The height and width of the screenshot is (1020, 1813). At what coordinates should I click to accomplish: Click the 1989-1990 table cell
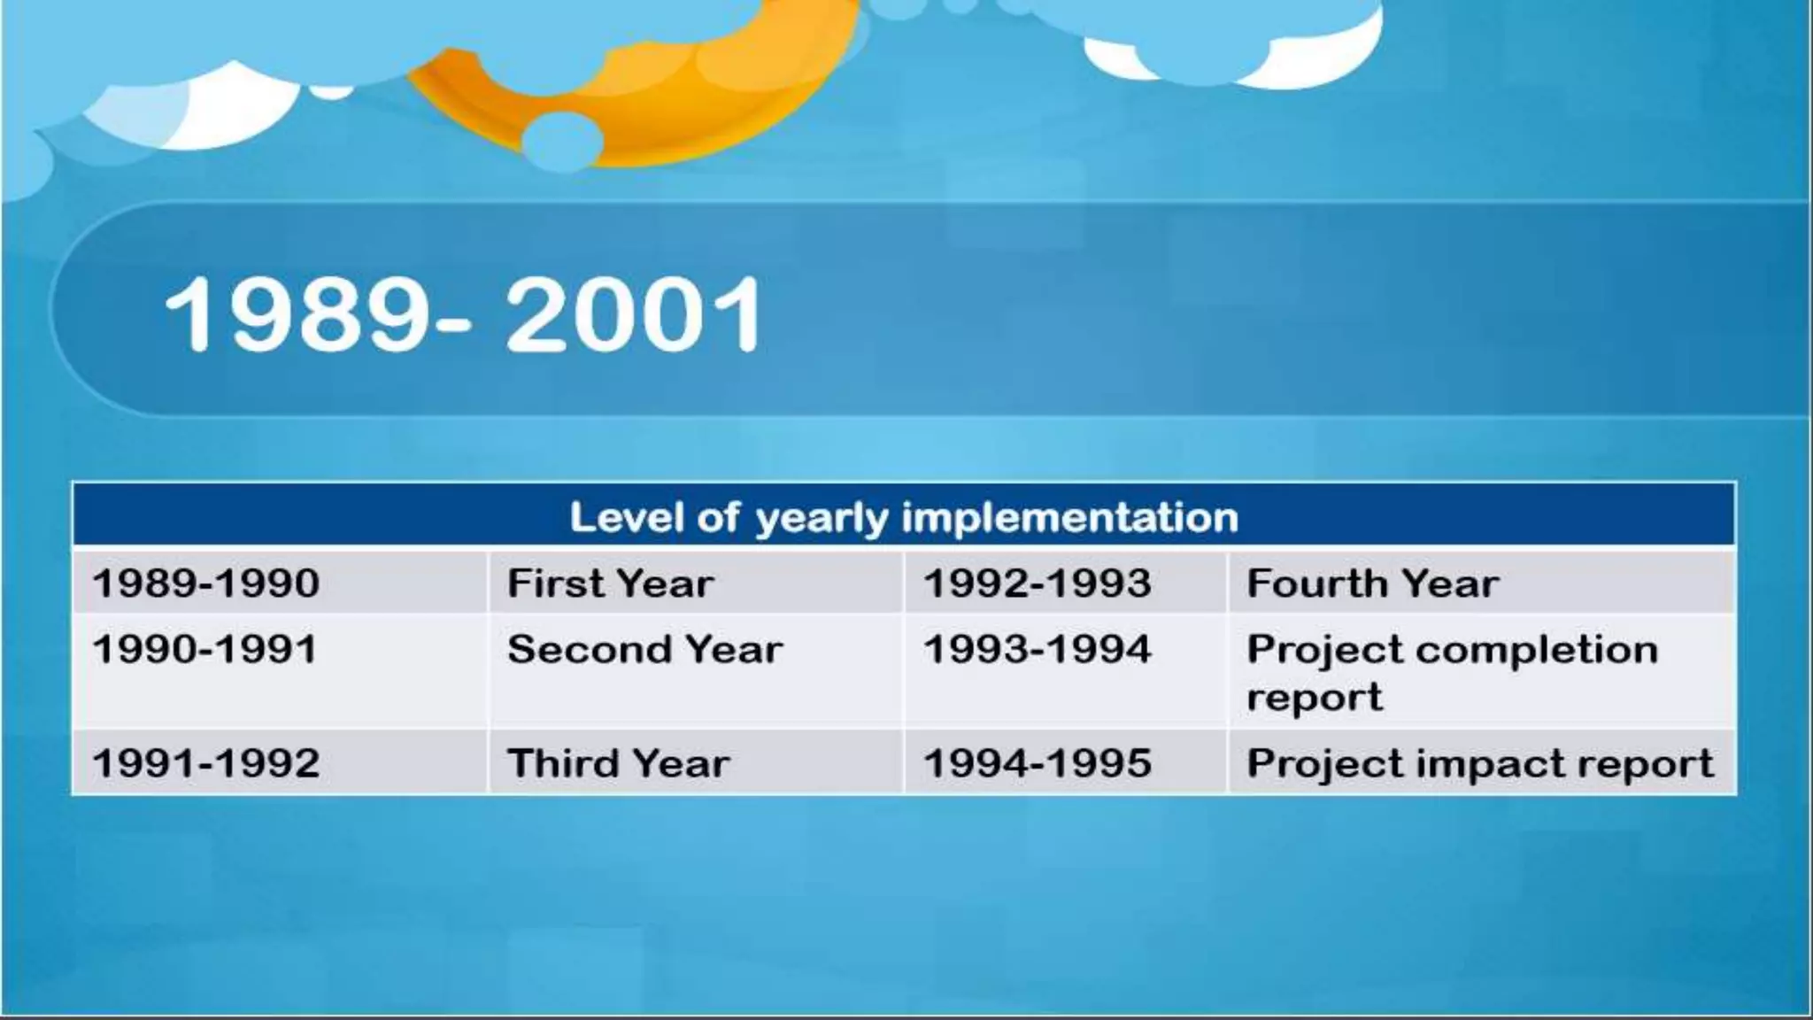tap(205, 583)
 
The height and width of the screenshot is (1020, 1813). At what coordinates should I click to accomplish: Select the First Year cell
tap(610, 583)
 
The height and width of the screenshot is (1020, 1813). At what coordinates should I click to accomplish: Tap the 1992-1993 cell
tap(1037, 583)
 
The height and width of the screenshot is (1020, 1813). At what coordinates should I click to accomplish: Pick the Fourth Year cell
tap(1372, 583)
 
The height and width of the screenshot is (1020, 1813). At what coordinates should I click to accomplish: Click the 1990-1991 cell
tap(205, 650)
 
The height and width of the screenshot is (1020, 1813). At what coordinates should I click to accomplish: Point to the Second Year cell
tap(644, 650)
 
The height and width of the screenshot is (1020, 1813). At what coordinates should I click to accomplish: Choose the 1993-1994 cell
tap(1037, 650)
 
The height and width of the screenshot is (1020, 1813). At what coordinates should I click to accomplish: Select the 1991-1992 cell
tap(205, 763)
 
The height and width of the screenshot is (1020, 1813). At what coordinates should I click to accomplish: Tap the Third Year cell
tap(618, 763)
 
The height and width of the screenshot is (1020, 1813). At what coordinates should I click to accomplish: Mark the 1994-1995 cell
tap(1037, 763)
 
